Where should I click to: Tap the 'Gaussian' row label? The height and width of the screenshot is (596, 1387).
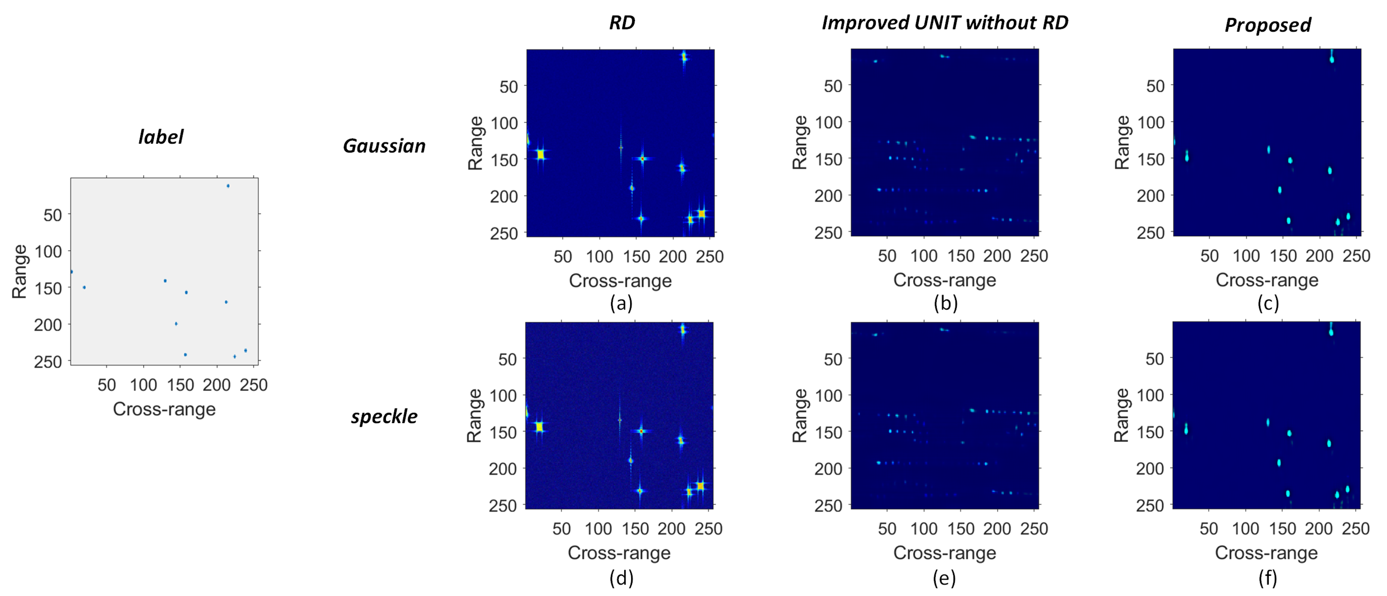pos(384,146)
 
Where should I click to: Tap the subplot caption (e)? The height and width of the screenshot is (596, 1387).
pos(944,578)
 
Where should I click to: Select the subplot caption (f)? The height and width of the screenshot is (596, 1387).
pos(1267,578)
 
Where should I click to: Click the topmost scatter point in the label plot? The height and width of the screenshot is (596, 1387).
pos(228,186)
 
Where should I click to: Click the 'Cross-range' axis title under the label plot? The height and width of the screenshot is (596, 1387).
pos(164,409)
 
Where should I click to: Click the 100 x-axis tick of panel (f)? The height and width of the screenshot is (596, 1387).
pos(1245,529)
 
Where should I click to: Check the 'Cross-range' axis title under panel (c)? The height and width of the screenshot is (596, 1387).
pos(1267,280)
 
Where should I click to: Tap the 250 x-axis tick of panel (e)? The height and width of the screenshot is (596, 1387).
pos(1034,529)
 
